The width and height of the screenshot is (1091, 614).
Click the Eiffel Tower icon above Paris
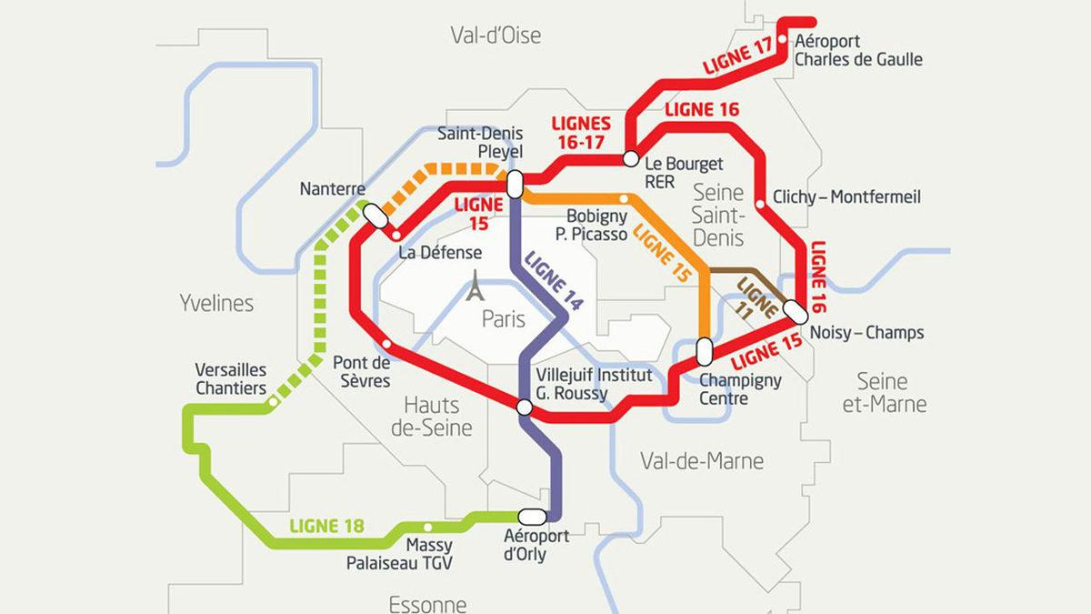[x=474, y=287]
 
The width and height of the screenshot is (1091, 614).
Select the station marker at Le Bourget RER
[x=629, y=159]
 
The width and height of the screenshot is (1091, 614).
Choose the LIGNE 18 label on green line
[x=326, y=526]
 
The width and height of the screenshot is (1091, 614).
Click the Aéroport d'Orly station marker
[x=531, y=516]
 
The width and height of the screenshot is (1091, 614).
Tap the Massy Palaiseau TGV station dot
[x=428, y=527]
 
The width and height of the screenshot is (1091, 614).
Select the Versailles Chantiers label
[x=231, y=379]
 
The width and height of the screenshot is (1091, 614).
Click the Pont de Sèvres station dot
[x=387, y=345]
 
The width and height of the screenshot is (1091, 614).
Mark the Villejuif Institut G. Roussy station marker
[x=524, y=407]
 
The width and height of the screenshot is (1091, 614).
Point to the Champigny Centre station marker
[x=704, y=350]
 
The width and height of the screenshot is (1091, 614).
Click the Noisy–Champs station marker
[x=795, y=310]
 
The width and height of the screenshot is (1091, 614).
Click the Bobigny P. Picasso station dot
[x=623, y=197]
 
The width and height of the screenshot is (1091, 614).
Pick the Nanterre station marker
[x=374, y=215]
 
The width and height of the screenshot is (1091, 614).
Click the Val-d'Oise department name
[x=495, y=35]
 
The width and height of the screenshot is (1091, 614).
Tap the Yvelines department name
[x=216, y=303]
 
